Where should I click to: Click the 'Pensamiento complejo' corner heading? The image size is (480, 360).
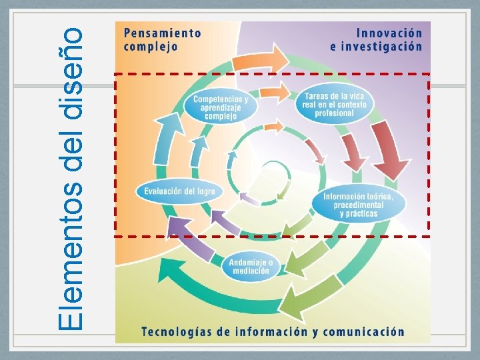click(161, 39)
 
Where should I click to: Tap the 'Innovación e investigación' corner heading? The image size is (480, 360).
click(376, 39)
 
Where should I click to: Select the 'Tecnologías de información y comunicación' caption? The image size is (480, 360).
click(272, 331)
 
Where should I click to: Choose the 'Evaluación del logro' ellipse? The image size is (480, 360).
click(179, 191)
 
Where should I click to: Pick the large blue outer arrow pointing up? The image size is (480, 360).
click(167, 137)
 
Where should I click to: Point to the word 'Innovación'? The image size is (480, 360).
click(389, 32)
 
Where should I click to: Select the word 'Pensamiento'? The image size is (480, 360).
click(161, 32)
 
